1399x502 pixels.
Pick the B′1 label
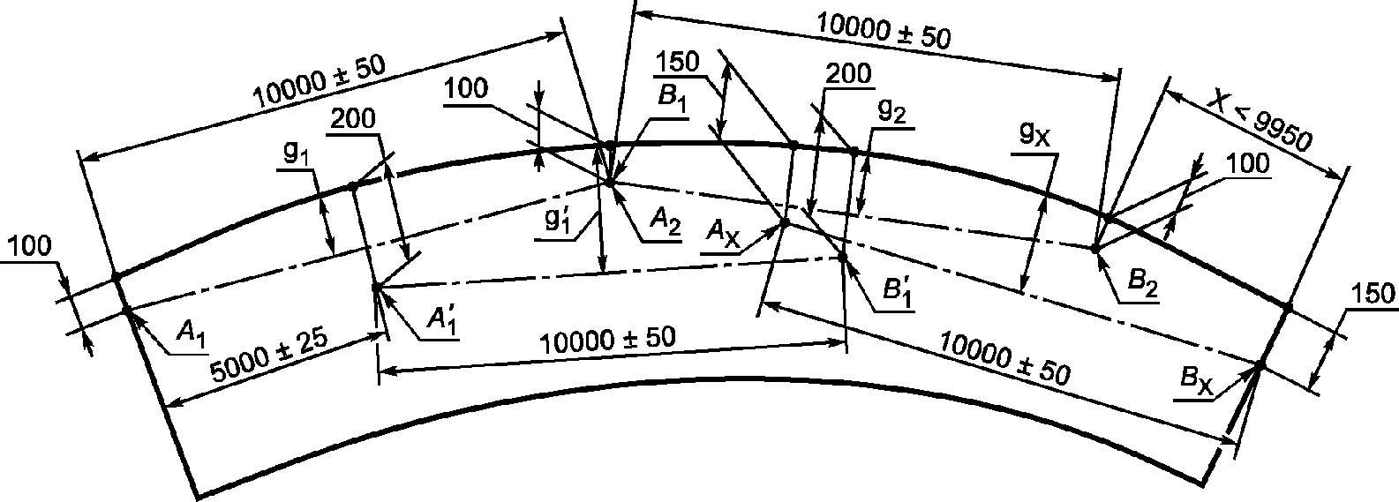[897, 292]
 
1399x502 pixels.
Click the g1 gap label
[296, 153]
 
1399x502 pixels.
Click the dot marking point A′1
[376, 288]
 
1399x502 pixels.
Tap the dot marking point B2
[1094, 248]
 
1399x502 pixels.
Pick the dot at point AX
[786, 222]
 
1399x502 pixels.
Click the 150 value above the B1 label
[678, 62]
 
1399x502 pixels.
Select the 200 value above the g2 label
[847, 74]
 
